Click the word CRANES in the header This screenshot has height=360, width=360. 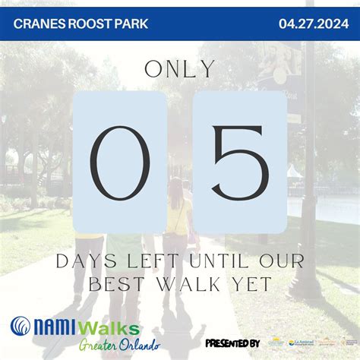coord(36,24)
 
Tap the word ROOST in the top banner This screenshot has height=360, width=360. coord(86,24)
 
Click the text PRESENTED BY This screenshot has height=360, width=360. coord(232,343)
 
